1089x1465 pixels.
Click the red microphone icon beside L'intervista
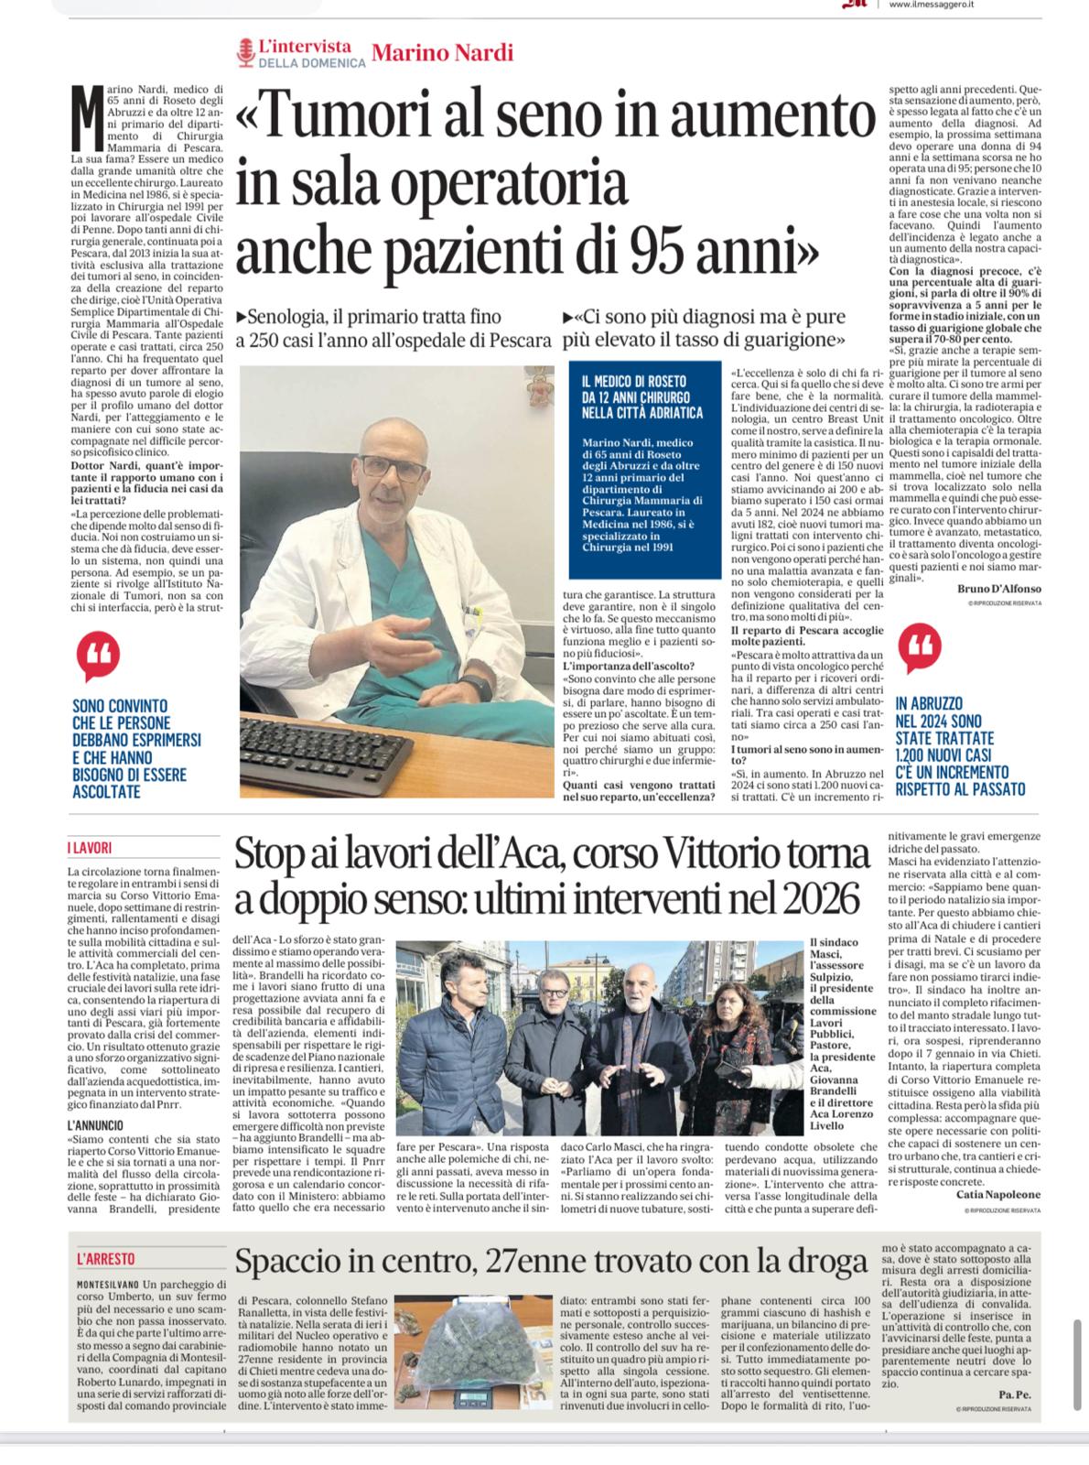[x=244, y=52]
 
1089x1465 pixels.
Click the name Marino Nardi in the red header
[x=443, y=52]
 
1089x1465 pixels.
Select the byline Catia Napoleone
[x=997, y=1194]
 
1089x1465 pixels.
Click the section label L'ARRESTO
[x=106, y=1260]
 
